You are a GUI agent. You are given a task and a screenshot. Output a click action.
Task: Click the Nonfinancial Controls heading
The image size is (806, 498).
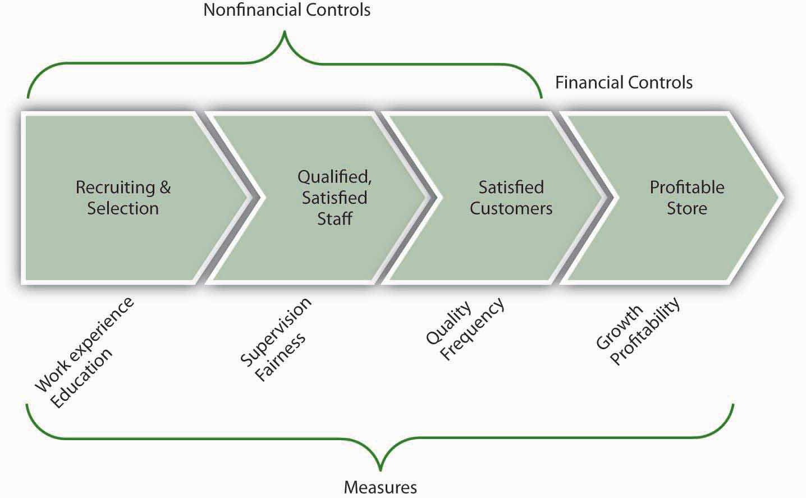click(286, 10)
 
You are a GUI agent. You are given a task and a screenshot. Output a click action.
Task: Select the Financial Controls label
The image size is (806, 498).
click(624, 83)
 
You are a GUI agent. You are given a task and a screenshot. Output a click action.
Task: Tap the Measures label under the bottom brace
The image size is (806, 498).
click(380, 487)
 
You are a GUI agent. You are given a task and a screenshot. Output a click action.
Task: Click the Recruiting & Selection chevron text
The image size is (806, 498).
click(123, 198)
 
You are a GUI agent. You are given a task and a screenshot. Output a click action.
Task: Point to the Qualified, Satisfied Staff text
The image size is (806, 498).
click(335, 198)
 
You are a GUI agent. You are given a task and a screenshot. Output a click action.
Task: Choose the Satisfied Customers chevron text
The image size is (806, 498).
click(511, 198)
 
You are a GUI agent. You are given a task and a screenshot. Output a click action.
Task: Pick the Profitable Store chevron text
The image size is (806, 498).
click(687, 198)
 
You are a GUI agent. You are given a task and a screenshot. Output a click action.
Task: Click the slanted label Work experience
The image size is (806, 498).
click(84, 344)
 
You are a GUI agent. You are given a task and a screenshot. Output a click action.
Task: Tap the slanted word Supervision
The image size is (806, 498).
click(276, 332)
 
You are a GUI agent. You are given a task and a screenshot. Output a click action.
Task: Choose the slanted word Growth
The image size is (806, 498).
click(619, 327)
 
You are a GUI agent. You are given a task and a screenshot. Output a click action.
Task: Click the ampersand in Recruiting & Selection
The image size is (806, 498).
click(165, 187)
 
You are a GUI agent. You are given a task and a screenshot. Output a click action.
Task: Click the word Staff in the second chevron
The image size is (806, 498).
click(335, 219)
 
